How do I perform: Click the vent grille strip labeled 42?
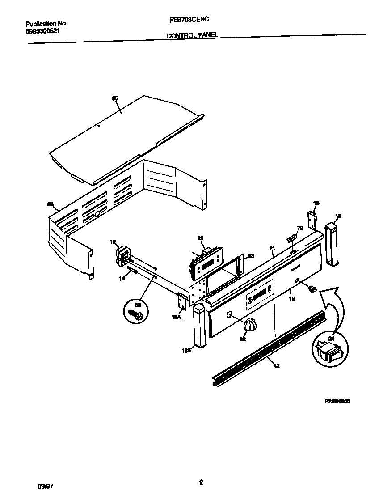click(268, 348)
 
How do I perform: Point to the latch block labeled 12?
click(122, 254)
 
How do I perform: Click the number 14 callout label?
click(122, 279)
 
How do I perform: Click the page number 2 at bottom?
click(201, 482)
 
